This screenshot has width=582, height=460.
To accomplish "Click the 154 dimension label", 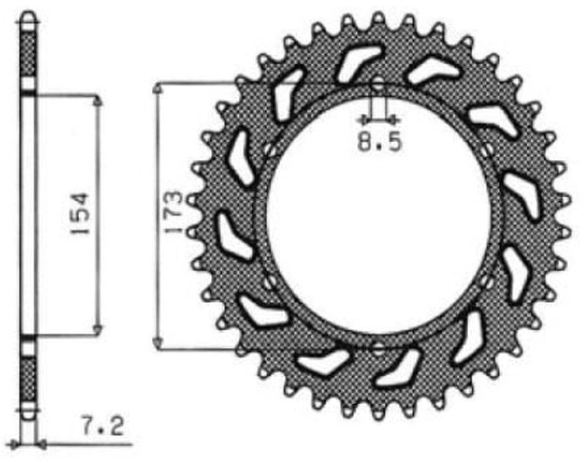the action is [x=80, y=213].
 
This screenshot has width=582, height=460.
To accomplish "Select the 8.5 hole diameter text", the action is [x=379, y=142].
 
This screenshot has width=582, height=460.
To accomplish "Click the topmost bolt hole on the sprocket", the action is [x=378, y=84].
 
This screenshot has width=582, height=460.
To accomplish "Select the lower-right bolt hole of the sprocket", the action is [x=485, y=281].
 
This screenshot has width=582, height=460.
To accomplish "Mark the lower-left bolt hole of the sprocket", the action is [x=270, y=282].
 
